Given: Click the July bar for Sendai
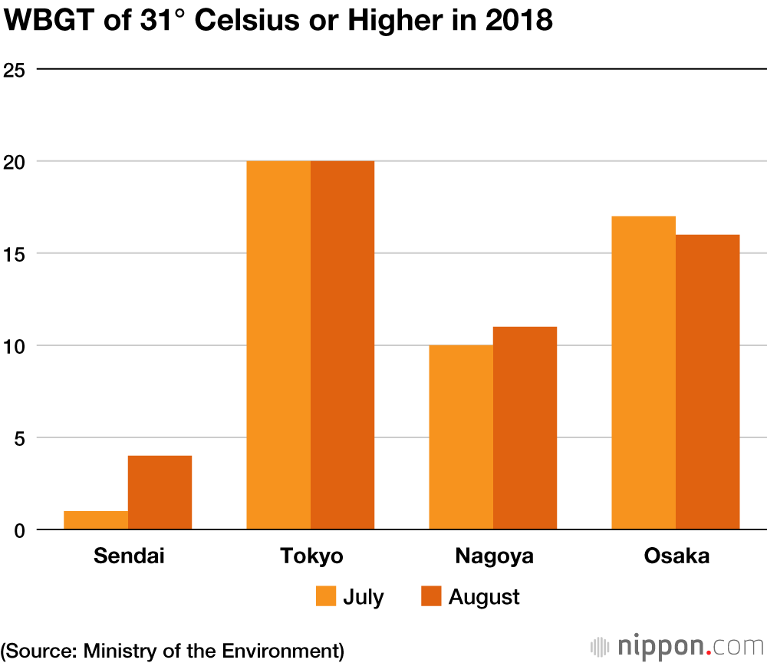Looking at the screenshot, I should tap(96, 520).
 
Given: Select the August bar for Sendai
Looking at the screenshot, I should tap(160, 493).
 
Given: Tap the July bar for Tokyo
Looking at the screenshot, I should tap(278, 345).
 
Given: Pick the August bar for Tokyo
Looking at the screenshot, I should tap(342, 345).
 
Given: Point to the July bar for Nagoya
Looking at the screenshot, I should tap(461, 437).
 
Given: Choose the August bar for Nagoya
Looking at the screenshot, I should tap(525, 428).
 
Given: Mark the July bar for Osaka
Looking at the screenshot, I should tap(644, 373).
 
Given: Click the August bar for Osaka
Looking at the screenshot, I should tap(707, 382).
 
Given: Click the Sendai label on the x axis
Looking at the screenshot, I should tap(129, 556).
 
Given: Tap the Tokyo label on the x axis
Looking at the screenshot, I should tap(311, 556).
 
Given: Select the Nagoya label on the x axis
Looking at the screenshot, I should tap(493, 556).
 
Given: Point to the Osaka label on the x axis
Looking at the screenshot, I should tap(676, 556).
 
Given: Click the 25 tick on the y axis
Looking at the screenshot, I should tap(15, 70).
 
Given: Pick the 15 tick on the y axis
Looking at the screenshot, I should tap(15, 254).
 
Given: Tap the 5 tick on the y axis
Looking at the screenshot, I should tap(20, 438).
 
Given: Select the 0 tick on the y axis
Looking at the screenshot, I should tap(20, 530).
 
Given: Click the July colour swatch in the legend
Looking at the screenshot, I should tap(326, 596).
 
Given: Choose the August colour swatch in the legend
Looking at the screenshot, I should tap(432, 596).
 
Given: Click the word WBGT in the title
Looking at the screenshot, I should tap(43, 21).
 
